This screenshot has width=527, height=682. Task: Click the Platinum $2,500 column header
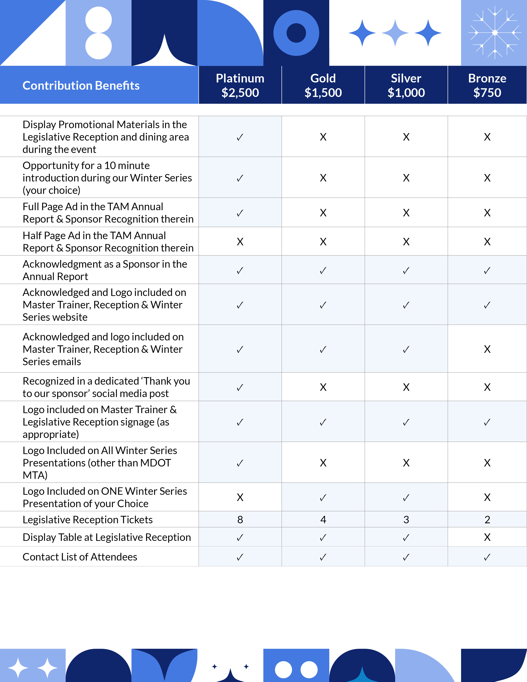click(x=240, y=85)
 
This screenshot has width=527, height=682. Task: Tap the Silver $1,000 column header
click(x=406, y=85)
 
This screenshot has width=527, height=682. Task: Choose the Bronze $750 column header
click(x=487, y=85)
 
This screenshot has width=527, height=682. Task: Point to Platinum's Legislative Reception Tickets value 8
click(x=240, y=520)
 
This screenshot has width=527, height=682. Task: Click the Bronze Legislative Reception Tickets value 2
click(x=487, y=520)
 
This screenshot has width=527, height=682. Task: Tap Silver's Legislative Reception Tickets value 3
click(x=406, y=520)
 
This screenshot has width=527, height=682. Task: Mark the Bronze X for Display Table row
click(x=487, y=537)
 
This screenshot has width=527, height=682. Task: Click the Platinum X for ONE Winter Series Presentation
click(x=240, y=497)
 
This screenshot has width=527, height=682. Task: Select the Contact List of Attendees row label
click(x=80, y=557)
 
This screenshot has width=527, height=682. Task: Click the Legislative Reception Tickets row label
click(x=88, y=520)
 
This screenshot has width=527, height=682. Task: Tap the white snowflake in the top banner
click(x=495, y=32)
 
